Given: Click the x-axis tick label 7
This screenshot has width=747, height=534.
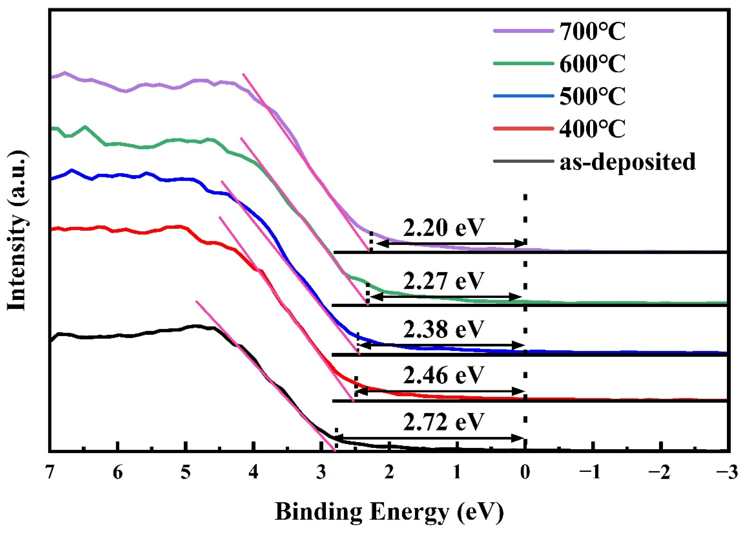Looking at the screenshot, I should click(50, 473).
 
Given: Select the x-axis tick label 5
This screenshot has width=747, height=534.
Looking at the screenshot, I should click(186, 473).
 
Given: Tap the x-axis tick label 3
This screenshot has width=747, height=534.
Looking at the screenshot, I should click(321, 473).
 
